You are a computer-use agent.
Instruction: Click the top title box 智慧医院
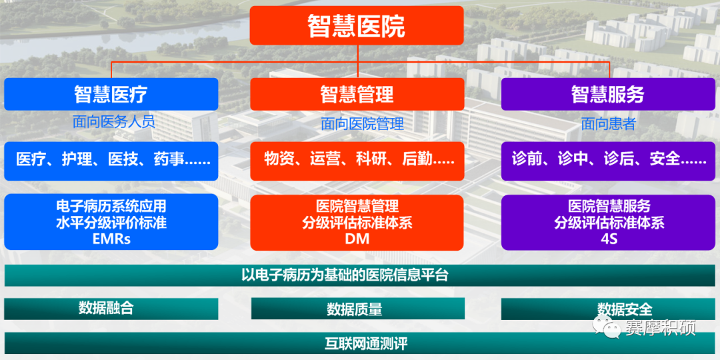pos(357,25)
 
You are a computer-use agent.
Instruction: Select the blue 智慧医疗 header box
pos(111,94)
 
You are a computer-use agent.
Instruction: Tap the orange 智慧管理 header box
pos(357,94)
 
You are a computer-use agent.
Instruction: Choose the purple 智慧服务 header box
pos(608,94)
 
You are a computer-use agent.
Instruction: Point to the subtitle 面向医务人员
pos(114,122)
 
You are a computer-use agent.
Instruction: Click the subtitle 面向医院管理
pos(362,123)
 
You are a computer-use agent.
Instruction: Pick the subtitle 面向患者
pos(608,123)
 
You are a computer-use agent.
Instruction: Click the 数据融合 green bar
pos(111,309)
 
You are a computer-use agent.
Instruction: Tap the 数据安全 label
pos(625,309)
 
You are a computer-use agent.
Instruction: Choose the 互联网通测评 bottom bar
pos(359,343)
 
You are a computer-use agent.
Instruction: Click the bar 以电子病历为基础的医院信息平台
pos(359,275)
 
